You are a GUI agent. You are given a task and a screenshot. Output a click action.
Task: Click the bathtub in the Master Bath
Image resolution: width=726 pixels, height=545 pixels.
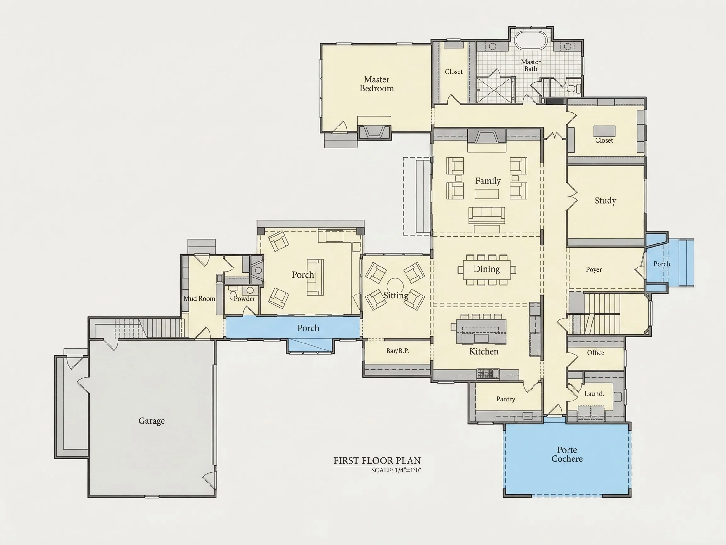(x=531, y=40)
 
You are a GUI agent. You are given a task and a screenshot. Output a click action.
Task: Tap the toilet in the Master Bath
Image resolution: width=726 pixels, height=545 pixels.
(x=574, y=88)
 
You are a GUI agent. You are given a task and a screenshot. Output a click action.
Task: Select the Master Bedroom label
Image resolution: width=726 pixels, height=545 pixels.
(x=377, y=84)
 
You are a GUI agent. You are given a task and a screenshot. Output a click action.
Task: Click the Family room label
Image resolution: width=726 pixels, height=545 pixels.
(x=488, y=181)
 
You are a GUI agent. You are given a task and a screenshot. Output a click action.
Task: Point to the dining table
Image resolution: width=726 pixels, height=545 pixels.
(x=487, y=270)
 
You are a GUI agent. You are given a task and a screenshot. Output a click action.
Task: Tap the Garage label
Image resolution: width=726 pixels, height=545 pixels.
(x=151, y=421)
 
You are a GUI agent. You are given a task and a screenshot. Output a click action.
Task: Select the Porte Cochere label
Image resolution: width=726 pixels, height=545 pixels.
(x=567, y=454)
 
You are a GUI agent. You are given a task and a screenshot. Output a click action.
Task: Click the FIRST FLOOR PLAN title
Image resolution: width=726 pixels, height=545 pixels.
(x=377, y=460)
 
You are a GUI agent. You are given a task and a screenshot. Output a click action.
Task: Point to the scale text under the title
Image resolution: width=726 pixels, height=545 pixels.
(x=396, y=470)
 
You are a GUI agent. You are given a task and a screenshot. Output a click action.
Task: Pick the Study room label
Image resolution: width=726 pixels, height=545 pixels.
(x=605, y=201)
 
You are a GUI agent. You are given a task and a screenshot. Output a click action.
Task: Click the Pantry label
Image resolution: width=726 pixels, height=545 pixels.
(x=505, y=399)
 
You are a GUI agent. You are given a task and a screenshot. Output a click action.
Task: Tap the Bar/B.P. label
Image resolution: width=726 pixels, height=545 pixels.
(x=398, y=351)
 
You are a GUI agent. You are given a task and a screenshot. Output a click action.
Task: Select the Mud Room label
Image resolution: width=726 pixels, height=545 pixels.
(x=199, y=299)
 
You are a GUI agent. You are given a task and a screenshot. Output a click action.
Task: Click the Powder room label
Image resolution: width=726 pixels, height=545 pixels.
(x=244, y=299)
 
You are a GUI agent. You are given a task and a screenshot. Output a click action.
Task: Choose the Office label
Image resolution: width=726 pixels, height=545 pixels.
(x=595, y=353)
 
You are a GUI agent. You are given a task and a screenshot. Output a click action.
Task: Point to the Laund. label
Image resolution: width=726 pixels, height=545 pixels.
(x=594, y=394)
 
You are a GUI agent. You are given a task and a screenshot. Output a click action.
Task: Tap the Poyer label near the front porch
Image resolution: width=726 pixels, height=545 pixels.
(x=594, y=270)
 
